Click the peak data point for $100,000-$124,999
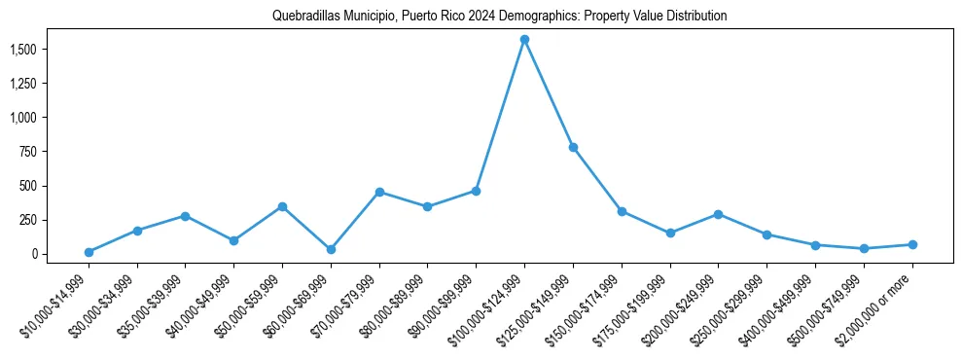click(524, 39)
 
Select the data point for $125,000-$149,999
click(573, 147)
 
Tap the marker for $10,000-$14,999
click(89, 252)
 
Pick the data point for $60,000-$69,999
click(331, 249)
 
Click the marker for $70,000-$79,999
click(379, 192)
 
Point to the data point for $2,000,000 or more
click(912, 244)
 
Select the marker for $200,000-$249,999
click(718, 214)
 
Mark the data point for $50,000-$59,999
click(282, 206)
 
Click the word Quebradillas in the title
click(303, 17)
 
